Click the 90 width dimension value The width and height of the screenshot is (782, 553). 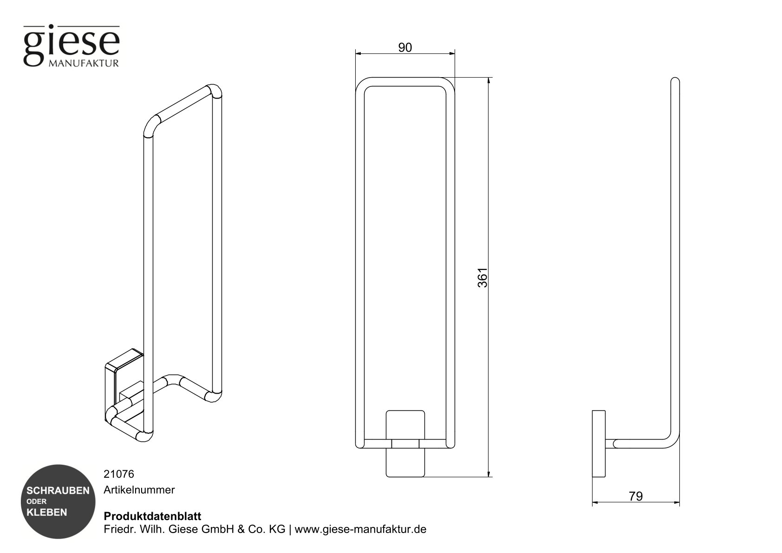tap(405, 47)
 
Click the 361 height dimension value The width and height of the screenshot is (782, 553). tap(483, 277)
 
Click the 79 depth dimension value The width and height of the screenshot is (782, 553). tap(636, 496)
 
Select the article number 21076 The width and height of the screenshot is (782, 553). tap(118, 474)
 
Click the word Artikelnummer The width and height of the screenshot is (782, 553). tap(139, 490)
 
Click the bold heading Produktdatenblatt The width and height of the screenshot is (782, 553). tap(152, 516)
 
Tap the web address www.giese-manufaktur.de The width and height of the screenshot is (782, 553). tap(360, 529)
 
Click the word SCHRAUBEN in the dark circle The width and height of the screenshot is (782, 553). tap(58, 491)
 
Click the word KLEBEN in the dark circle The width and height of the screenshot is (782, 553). tap(47, 513)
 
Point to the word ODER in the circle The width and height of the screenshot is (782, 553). tap(36, 501)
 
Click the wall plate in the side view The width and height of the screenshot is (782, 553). tap(599, 444)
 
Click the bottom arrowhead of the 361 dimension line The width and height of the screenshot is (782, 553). tap(489, 474)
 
